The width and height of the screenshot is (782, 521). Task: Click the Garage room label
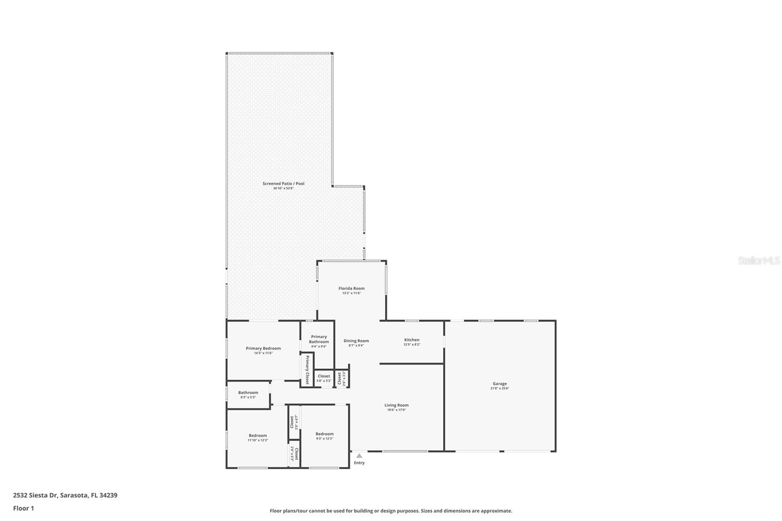click(500, 384)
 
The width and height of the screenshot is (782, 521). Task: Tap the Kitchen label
click(412, 340)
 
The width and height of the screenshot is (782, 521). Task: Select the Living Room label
click(396, 405)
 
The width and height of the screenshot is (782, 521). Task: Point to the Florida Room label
click(351, 288)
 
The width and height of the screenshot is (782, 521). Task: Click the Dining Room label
click(356, 341)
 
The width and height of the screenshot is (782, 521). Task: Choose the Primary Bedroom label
click(263, 348)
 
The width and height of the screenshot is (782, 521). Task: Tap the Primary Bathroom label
click(319, 339)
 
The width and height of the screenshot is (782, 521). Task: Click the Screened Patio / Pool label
click(283, 184)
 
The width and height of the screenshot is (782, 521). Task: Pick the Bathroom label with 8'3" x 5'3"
click(248, 392)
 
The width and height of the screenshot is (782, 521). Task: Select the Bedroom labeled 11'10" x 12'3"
click(258, 435)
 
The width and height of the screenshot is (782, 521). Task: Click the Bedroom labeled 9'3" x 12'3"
click(325, 434)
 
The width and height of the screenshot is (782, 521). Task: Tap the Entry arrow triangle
click(359, 456)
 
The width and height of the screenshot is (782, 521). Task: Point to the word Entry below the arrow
click(359, 463)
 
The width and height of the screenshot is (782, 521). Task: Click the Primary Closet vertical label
click(307, 370)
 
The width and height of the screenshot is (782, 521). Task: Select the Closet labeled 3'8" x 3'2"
click(324, 376)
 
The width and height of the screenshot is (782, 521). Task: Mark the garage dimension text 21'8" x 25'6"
click(500, 389)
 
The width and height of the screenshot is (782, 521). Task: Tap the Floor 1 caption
click(23, 508)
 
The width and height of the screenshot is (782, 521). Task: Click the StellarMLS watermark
click(759, 260)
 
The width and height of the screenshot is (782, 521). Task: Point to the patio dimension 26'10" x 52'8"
click(283, 188)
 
